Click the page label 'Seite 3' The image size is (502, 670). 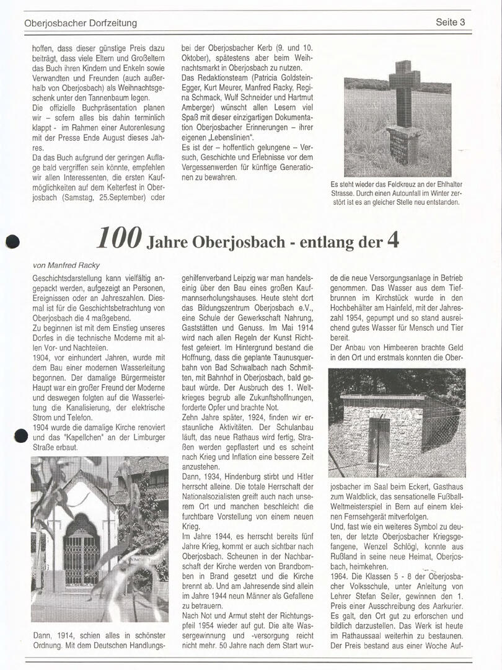[450, 22]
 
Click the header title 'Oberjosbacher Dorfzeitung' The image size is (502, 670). [81, 24]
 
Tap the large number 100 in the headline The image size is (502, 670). [120, 239]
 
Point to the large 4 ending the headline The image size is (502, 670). [393, 239]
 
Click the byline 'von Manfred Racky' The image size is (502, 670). [66, 265]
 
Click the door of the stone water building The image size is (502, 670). [379, 440]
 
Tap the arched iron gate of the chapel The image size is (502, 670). [81, 552]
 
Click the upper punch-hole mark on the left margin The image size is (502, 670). [12, 241]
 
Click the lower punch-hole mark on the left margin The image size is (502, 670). [20, 435]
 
